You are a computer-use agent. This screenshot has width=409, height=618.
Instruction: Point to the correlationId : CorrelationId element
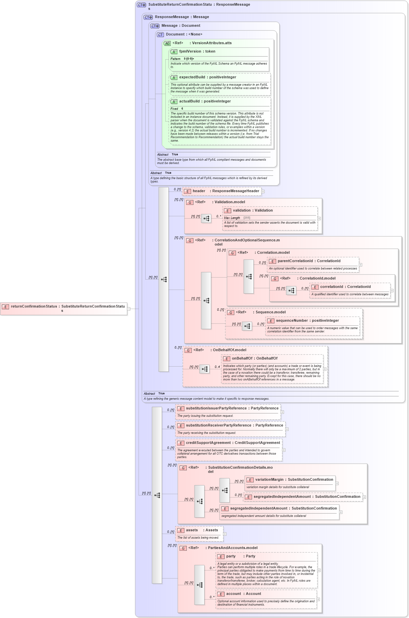pyautogui.click(x=345, y=287)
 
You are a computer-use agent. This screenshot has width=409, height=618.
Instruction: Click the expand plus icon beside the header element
pyautogui.click(x=263, y=191)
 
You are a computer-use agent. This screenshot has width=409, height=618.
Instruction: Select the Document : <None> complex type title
pyautogui.click(x=184, y=34)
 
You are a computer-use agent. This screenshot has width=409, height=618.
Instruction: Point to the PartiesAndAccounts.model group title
pyautogui.click(x=232, y=548)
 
